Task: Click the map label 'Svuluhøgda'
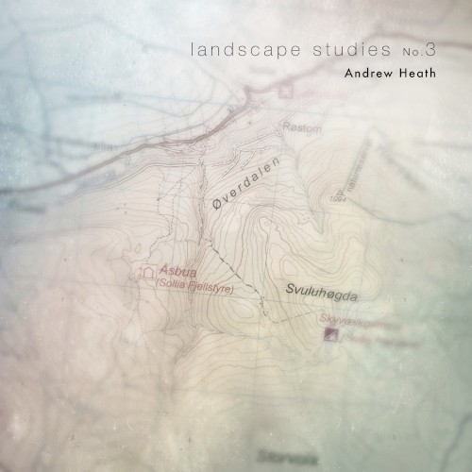(322, 294)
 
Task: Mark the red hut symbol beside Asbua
(146, 274)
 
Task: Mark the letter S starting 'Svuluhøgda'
(289, 290)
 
